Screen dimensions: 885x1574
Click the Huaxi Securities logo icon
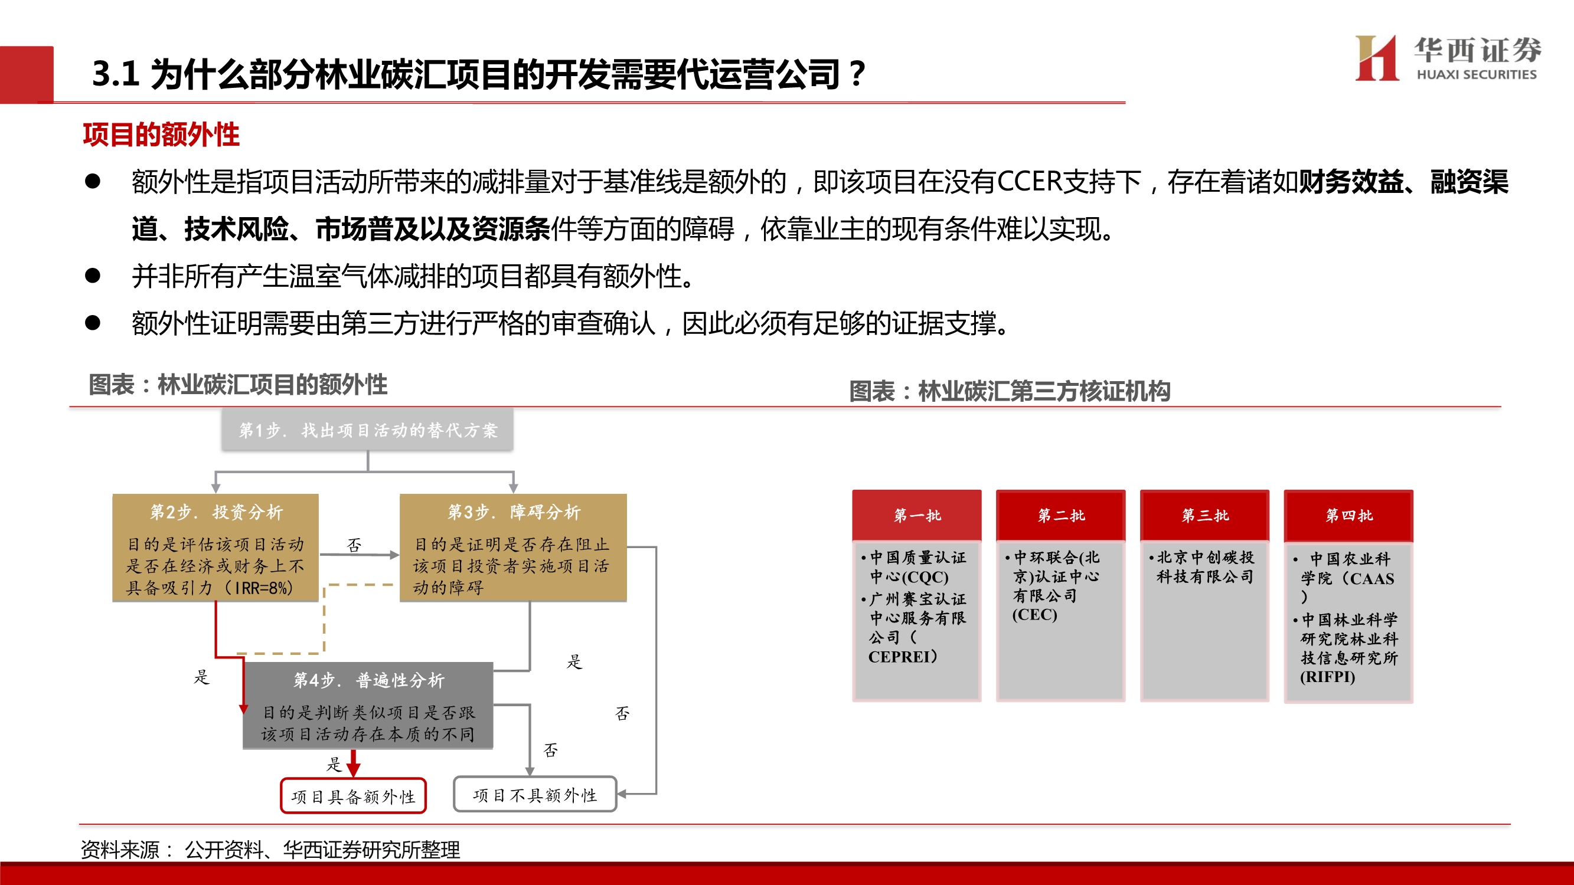click(x=1377, y=58)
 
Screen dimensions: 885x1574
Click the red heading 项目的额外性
click(x=161, y=135)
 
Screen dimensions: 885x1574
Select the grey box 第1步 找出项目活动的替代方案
click(x=367, y=430)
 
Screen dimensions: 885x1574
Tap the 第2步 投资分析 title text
click(x=216, y=512)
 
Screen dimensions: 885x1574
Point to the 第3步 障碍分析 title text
click(x=513, y=512)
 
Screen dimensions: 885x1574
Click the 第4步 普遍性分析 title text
click(x=368, y=680)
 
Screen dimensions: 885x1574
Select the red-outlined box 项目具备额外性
click(x=353, y=796)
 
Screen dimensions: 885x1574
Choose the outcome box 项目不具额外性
click(x=535, y=795)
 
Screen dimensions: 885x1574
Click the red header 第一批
click(x=916, y=515)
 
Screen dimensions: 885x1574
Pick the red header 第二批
click(x=1061, y=515)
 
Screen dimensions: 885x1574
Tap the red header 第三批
click(x=1204, y=515)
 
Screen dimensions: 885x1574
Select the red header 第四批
click(x=1348, y=515)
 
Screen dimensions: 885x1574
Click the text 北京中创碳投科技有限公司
click(x=1205, y=567)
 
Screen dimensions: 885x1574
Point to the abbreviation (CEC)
click(x=1034, y=614)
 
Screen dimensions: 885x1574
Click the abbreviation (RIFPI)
click(x=1327, y=677)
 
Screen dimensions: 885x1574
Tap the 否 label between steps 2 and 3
click(x=354, y=544)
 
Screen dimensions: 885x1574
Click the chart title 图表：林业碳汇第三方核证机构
click(x=1010, y=391)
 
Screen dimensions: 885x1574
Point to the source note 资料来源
click(x=120, y=849)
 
